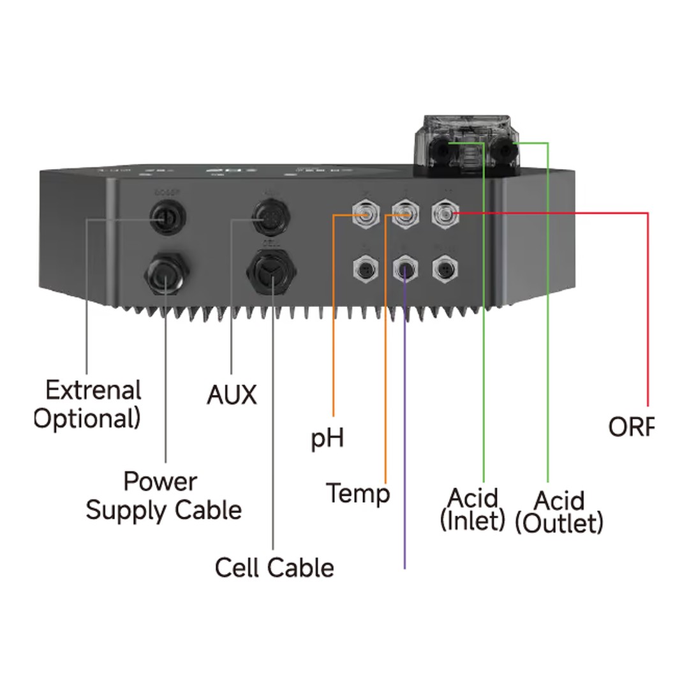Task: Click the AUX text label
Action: tap(232, 395)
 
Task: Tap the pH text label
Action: tap(327, 439)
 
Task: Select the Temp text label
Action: tap(358, 493)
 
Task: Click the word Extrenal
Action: tap(93, 390)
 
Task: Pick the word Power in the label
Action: tap(160, 481)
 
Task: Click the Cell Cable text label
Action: tap(274, 567)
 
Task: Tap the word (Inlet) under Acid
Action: tap(473, 521)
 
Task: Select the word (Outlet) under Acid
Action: tap(559, 523)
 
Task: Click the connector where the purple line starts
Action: tap(405, 269)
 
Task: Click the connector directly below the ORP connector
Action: tap(445, 269)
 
